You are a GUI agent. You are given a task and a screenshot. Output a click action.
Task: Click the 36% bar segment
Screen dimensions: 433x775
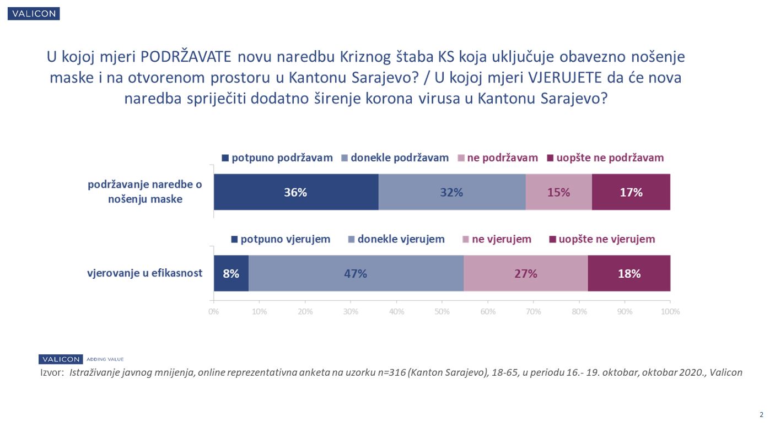[x=296, y=192]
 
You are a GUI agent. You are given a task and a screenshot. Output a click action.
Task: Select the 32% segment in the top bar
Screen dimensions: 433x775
[x=452, y=192]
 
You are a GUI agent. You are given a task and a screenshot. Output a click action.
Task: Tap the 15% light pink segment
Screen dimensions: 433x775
[x=558, y=192]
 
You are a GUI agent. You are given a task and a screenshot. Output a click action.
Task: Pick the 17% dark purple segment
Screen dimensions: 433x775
[x=631, y=192]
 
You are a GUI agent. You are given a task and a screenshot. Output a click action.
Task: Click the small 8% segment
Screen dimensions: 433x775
[x=231, y=273]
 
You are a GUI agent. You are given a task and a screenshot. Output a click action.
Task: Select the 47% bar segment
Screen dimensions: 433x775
[x=356, y=273]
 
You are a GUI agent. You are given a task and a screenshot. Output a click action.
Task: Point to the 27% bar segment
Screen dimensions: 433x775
[x=525, y=273]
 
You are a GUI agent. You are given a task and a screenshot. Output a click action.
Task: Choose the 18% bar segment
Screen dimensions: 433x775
[x=629, y=273]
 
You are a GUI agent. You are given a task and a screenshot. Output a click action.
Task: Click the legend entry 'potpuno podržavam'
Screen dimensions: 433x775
[x=277, y=158]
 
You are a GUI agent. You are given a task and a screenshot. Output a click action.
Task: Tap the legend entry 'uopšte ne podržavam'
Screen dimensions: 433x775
[x=605, y=158]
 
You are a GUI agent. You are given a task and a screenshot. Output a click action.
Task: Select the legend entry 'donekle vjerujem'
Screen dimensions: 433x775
[x=396, y=239]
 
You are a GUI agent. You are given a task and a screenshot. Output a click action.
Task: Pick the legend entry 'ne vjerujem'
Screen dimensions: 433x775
[x=497, y=239]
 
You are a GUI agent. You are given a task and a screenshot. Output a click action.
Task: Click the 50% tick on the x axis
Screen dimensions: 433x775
[x=442, y=311]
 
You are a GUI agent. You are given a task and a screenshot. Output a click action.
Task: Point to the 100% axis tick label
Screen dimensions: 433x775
[x=670, y=311]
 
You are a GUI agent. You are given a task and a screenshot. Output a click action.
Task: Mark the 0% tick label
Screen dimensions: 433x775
[x=214, y=311]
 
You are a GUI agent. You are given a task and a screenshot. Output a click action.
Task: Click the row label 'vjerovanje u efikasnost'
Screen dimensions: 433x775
[x=145, y=273]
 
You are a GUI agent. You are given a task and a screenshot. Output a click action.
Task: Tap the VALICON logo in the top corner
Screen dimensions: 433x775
[x=34, y=14]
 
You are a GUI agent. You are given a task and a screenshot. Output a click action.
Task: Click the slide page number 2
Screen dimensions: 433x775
[x=761, y=415]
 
